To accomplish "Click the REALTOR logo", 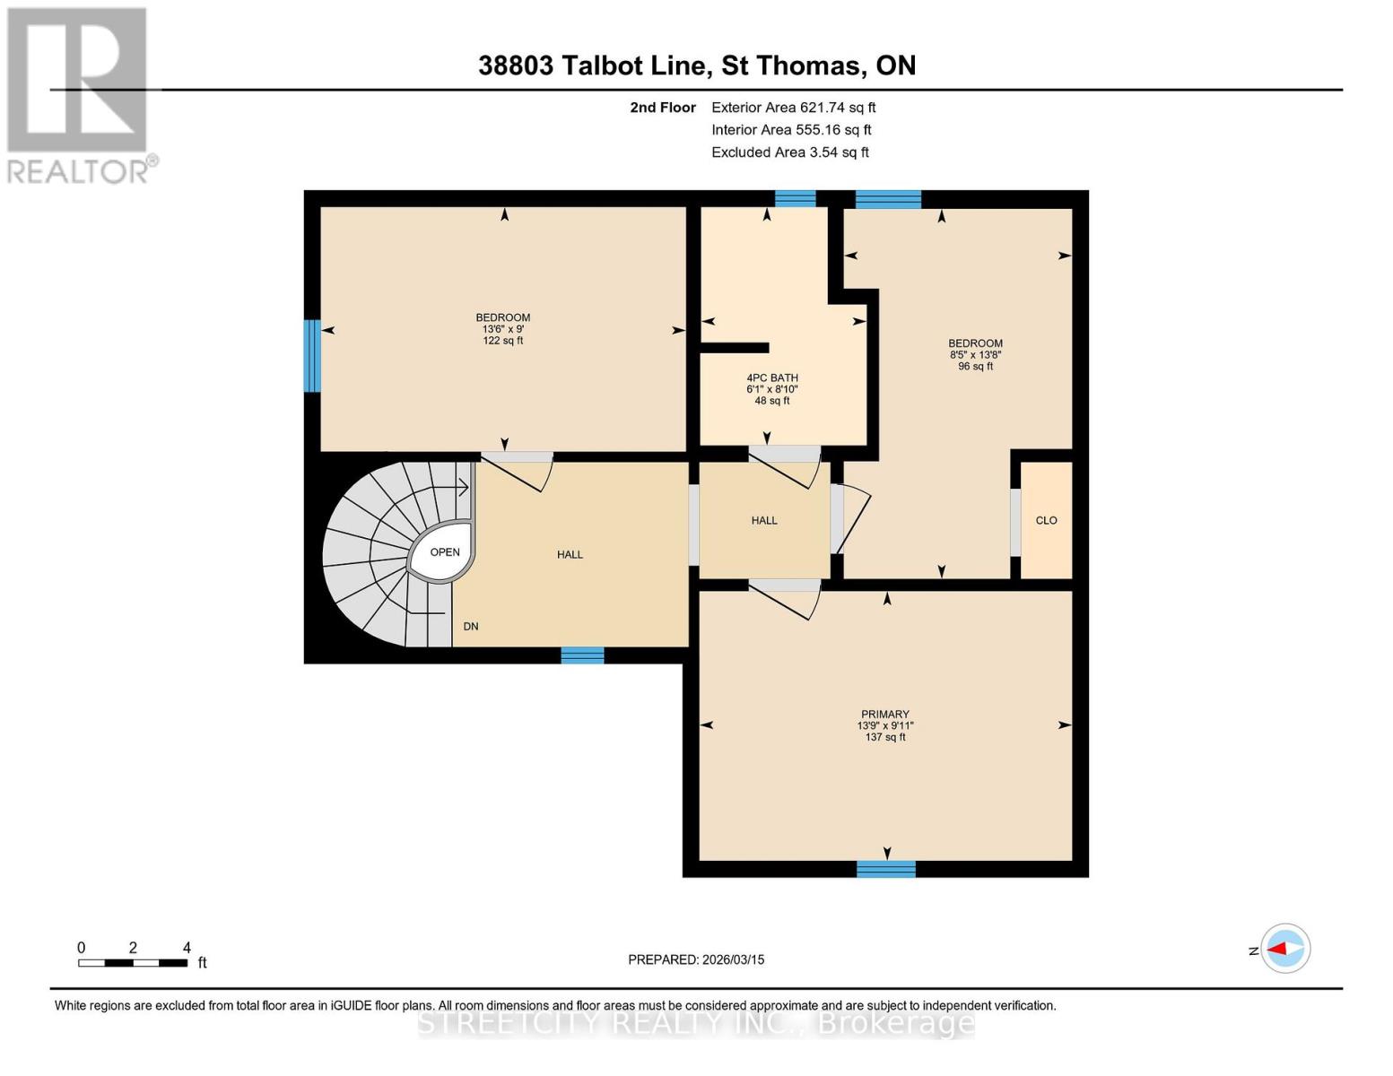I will point(78,95).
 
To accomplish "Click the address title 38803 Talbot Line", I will point(696,65).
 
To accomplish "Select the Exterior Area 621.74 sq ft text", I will point(793,108).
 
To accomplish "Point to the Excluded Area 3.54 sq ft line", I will point(789,152).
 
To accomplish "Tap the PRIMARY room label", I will point(884,715).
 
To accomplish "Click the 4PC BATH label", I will point(771,378).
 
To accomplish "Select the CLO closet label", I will point(1046,521).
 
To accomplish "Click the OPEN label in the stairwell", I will point(445,552).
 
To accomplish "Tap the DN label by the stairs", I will point(470,627).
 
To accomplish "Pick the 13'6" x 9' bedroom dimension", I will point(502,329).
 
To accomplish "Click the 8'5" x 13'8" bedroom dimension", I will point(975,355).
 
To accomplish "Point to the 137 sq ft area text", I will point(884,737).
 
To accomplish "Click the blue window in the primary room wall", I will point(885,868).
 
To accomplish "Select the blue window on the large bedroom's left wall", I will point(312,356).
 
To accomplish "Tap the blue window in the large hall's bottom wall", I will point(582,655).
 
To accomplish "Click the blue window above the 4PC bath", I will point(795,199).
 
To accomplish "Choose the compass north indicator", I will point(1284,949).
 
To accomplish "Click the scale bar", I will point(133,963).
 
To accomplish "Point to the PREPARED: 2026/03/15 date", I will point(696,959).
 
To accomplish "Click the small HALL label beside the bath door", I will point(764,521).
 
